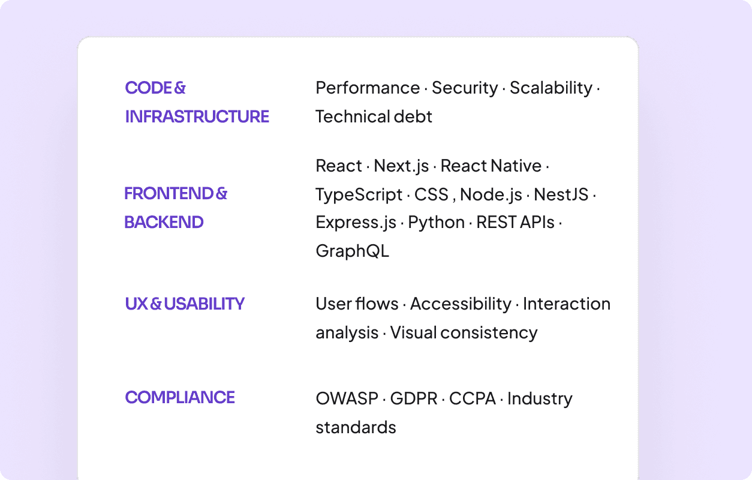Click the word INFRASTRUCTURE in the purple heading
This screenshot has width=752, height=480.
[197, 116]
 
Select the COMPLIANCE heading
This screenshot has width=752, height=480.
[180, 397]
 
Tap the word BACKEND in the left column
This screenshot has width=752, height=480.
[164, 223]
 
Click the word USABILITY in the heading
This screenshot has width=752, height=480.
[204, 304]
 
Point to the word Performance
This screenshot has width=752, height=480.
[368, 88]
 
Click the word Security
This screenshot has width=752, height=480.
[465, 88]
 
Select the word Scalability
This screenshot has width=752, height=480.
[551, 88]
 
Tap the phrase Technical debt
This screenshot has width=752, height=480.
[374, 116]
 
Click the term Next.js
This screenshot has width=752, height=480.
[401, 166]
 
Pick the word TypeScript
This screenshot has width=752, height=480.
[359, 195]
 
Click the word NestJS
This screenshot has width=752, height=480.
[561, 194]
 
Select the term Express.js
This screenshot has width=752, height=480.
[356, 223]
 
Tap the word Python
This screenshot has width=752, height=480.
[436, 223]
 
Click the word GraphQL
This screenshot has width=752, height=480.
[352, 251]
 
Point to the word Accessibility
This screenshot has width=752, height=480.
[460, 304]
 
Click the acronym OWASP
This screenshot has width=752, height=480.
[347, 398]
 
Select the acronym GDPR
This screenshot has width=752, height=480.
[414, 398]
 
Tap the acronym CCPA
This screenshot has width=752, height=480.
[473, 398]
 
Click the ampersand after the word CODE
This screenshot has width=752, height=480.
[180, 88]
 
